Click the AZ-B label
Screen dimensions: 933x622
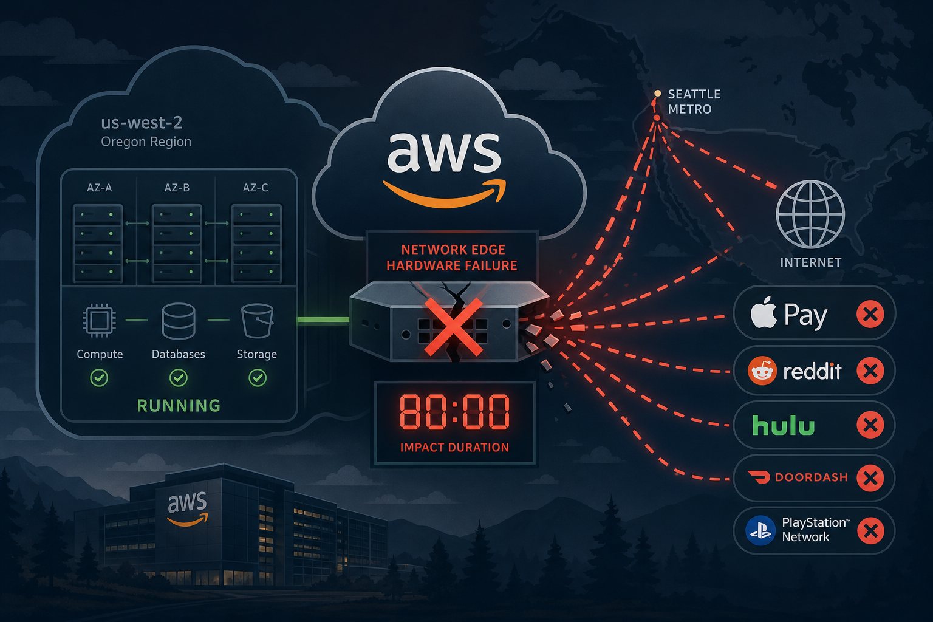pyautogui.click(x=177, y=188)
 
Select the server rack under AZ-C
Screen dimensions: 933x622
pyautogui.click(x=256, y=244)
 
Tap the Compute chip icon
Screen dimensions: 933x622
pyautogui.click(x=99, y=320)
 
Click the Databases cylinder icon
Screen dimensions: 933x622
pyautogui.click(x=178, y=321)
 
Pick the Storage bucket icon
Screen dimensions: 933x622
pyautogui.click(x=258, y=320)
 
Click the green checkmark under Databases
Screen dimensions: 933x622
pyautogui.click(x=178, y=378)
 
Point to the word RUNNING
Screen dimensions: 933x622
pyautogui.click(x=179, y=405)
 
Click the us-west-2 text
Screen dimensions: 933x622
pyautogui.click(x=142, y=123)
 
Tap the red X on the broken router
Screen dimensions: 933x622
pyautogui.click(x=454, y=327)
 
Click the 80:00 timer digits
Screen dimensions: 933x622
pyautogui.click(x=454, y=412)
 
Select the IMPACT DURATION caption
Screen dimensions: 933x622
pyautogui.click(x=454, y=448)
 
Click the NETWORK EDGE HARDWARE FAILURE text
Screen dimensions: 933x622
pyautogui.click(x=453, y=258)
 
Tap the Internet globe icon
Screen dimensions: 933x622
pyautogui.click(x=810, y=214)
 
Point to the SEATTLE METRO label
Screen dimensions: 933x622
pyautogui.click(x=694, y=101)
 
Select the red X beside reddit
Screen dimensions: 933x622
pyautogui.click(x=870, y=371)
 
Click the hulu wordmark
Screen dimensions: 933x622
pyautogui.click(x=784, y=425)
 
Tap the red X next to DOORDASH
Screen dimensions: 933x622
pyautogui.click(x=870, y=478)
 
